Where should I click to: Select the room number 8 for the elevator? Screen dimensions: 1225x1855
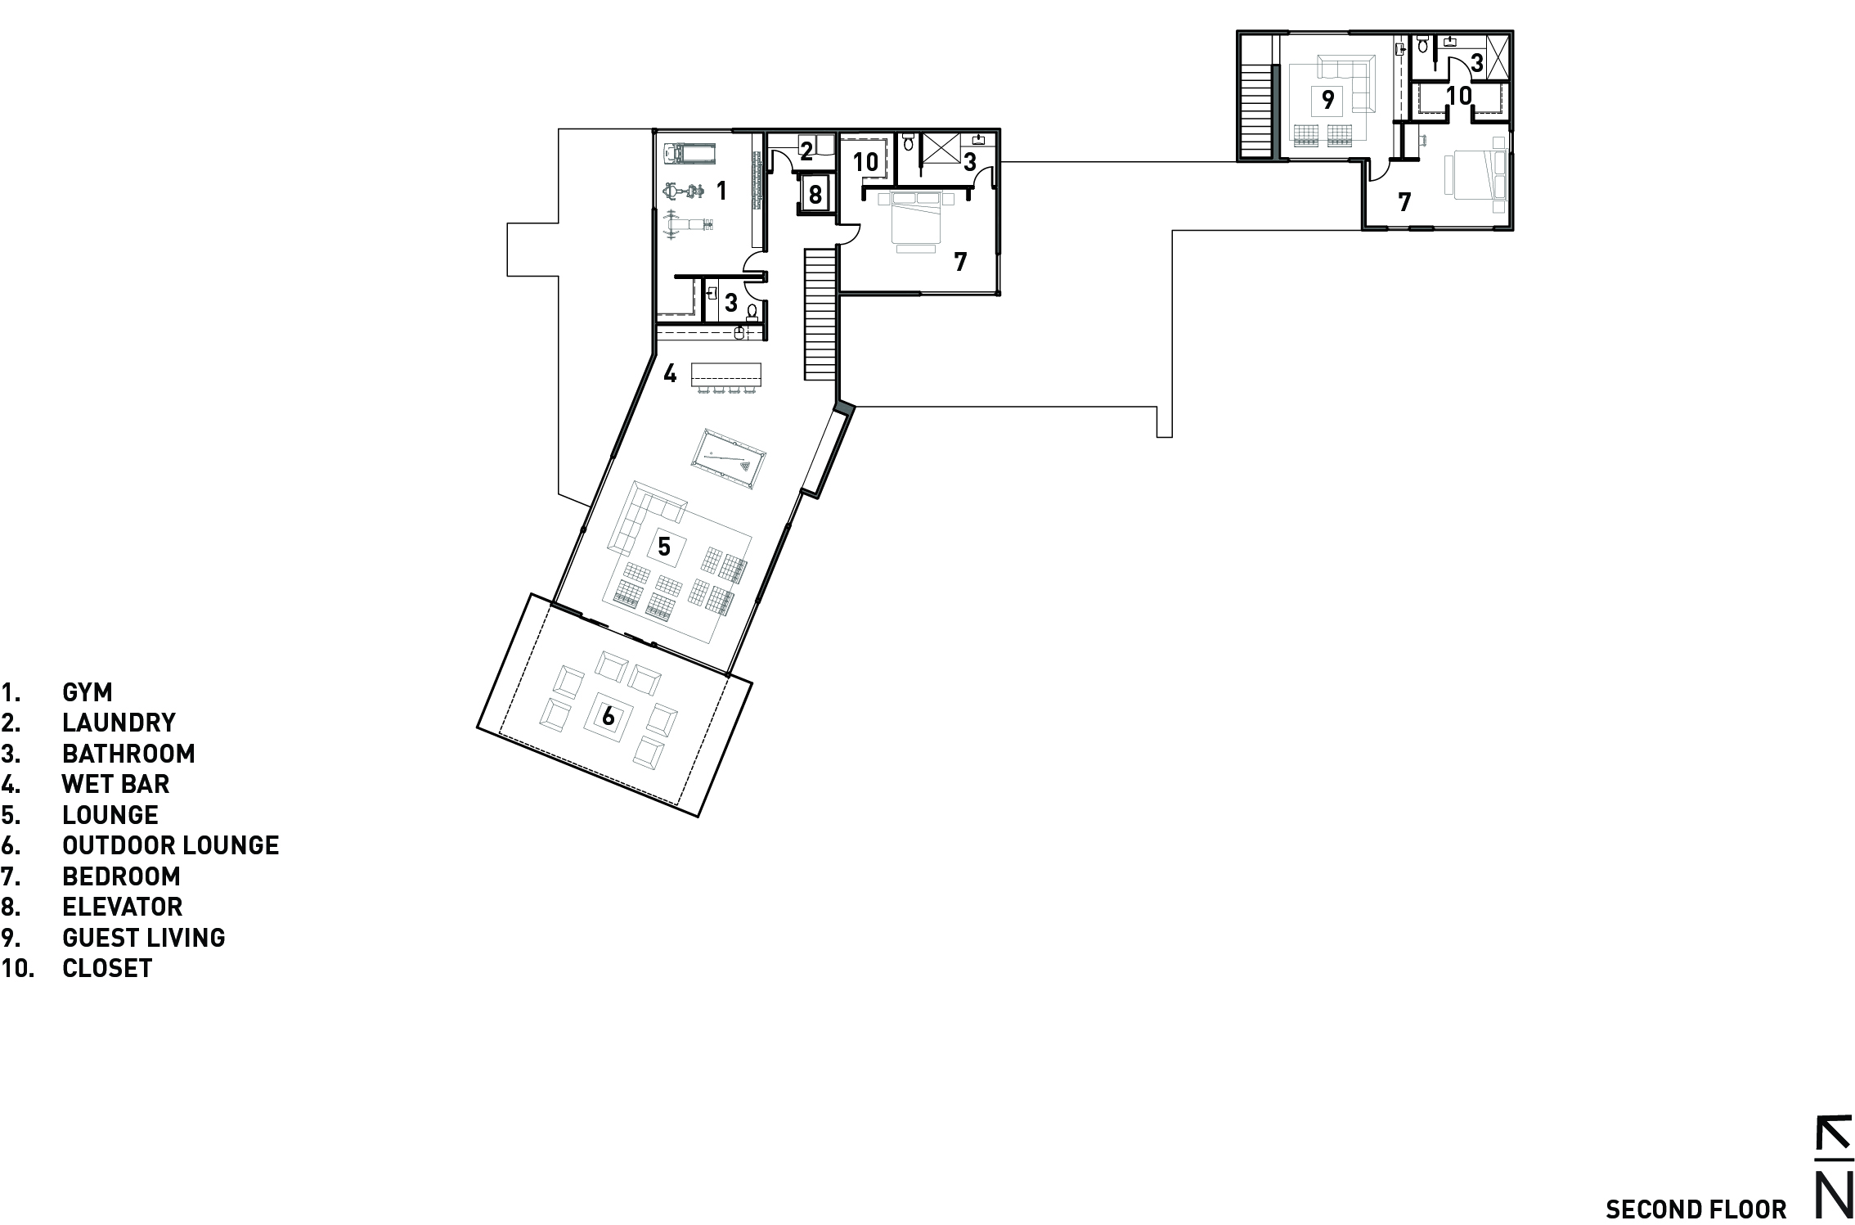click(815, 195)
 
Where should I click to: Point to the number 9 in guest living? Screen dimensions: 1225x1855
click(1328, 100)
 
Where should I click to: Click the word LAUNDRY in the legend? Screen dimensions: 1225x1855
click(119, 723)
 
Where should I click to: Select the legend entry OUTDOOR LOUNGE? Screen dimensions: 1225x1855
click(170, 845)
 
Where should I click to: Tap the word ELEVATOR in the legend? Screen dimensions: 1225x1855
click(122, 907)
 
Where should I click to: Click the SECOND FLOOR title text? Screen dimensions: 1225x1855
click(1696, 1209)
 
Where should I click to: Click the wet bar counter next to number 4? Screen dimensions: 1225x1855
click(726, 376)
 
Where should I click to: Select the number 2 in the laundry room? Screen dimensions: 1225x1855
click(806, 151)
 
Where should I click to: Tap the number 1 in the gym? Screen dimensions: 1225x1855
click(721, 191)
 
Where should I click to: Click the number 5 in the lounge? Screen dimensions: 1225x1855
click(664, 545)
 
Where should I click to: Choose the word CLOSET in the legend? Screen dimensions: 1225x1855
click(107, 968)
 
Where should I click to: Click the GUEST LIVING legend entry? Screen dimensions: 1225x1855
click(143, 938)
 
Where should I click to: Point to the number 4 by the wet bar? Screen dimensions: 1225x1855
click(670, 375)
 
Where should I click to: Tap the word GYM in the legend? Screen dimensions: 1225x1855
click(87, 692)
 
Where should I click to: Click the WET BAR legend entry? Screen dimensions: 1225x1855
click(115, 784)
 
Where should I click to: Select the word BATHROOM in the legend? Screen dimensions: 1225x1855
click(128, 754)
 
